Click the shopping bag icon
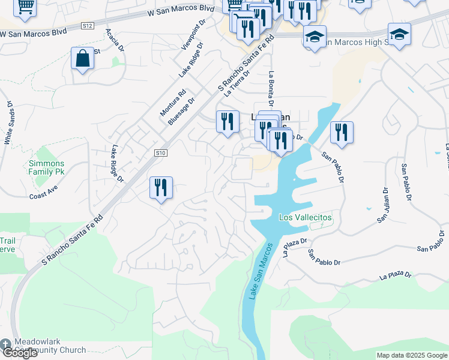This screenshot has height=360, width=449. coord(82,59)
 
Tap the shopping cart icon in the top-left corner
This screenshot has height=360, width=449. coord(25,6)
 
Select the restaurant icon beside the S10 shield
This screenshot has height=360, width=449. coord(161,187)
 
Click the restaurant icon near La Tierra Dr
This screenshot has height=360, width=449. coord(228,122)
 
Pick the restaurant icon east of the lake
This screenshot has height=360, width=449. coord(342,133)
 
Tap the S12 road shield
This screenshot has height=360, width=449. coord(88,25)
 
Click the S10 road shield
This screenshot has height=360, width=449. coord(160,153)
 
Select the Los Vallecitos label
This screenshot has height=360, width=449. coord(306,217)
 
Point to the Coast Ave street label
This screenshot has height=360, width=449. coord(43,196)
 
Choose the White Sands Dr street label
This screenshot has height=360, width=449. coord(8,122)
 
